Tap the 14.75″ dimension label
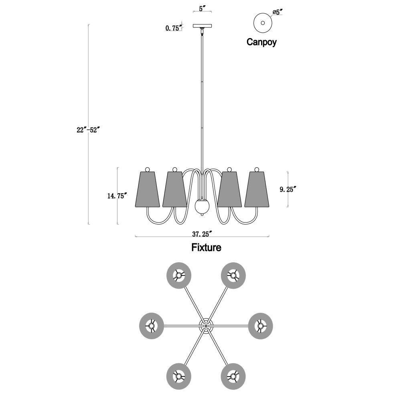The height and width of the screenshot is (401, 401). pyautogui.click(x=117, y=196)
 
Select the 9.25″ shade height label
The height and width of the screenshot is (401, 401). pyautogui.click(x=288, y=190)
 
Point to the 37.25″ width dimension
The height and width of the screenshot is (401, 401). pyautogui.click(x=202, y=234)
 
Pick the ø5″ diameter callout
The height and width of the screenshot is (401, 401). pyautogui.click(x=277, y=12)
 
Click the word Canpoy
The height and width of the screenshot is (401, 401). pyautogui.click(x=261, y=42)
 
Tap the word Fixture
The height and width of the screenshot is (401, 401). pyautogui.click(x=207, y=247)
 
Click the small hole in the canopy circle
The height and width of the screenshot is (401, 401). pyautogui.click(x=263, y=23)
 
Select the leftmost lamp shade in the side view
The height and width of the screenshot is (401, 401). pyautogui.click(x=147, y=189)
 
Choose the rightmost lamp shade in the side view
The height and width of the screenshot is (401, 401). pyautogui.click(x=257, y=189)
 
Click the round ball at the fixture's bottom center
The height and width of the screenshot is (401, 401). pyautogui.click(x=202, y=206)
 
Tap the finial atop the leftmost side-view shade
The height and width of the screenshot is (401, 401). pyautogui.click(x=147, y=169)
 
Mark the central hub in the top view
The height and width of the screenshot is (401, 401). pyautogui.click(x=206, y=326)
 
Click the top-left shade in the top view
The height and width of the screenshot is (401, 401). pyautogui.click(x=179, y=276)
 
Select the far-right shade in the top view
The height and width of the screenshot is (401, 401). pyautogui.click(x=261, y=326)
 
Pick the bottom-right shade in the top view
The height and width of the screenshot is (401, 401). pyautogui.click(x=233, y=377)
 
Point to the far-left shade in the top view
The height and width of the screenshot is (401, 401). pyautogui.click(x=152, y=326)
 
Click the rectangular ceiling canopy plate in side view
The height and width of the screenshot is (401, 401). pyautogui.click(x=202, y=26)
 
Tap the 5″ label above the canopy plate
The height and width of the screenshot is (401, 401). pyautogui.click(x=202, y=8)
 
